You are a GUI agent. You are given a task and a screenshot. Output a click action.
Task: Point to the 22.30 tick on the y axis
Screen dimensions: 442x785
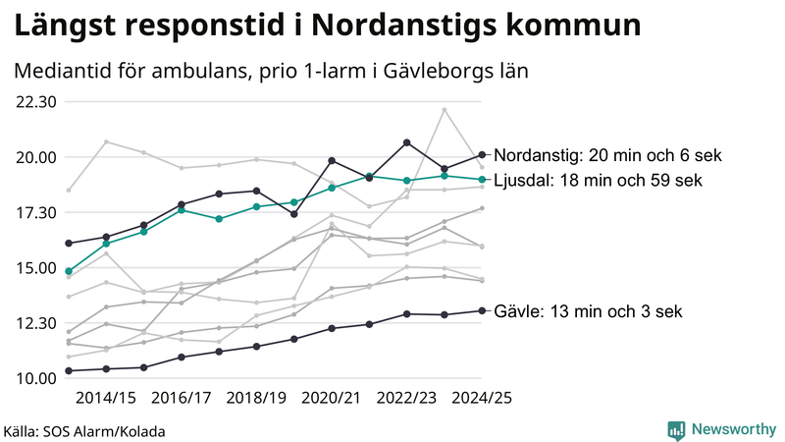(35, 101)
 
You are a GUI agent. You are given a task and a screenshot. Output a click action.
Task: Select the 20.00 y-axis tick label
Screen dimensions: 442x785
(35, 157)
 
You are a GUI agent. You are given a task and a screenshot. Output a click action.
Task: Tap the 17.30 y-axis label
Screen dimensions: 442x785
(35, 212)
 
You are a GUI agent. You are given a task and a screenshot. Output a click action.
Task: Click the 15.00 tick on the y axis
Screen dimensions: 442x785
(35, 268)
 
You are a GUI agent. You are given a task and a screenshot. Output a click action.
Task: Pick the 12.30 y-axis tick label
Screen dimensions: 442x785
(35, 323)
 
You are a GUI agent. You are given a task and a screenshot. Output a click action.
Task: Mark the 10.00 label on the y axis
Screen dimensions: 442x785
(35, 378)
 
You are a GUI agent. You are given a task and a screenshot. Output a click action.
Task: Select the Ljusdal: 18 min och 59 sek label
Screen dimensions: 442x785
(598, 180)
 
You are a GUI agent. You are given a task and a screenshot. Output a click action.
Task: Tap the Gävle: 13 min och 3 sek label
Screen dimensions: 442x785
(588, 311)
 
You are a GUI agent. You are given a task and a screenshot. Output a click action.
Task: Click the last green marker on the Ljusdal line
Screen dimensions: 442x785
(482, 180)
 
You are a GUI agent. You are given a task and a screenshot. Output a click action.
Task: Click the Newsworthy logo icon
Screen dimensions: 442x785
(676, 429)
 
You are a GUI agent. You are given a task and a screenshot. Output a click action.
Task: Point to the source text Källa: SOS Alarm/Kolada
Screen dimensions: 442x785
(84, 431)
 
